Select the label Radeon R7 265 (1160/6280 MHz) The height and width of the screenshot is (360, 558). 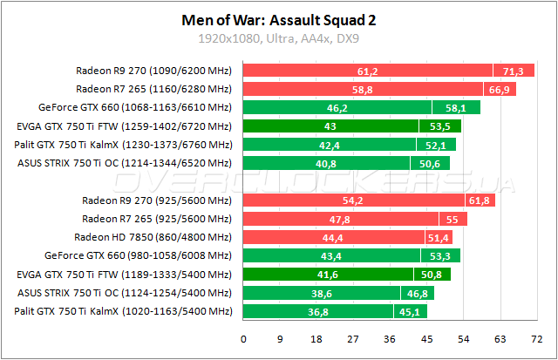[153, 89]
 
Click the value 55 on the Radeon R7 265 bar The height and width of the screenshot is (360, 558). [451, 219]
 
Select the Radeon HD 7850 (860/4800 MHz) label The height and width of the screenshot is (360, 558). [153, 237]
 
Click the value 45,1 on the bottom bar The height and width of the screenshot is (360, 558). [406, 311]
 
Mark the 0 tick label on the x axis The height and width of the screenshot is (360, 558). [243, 339]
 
